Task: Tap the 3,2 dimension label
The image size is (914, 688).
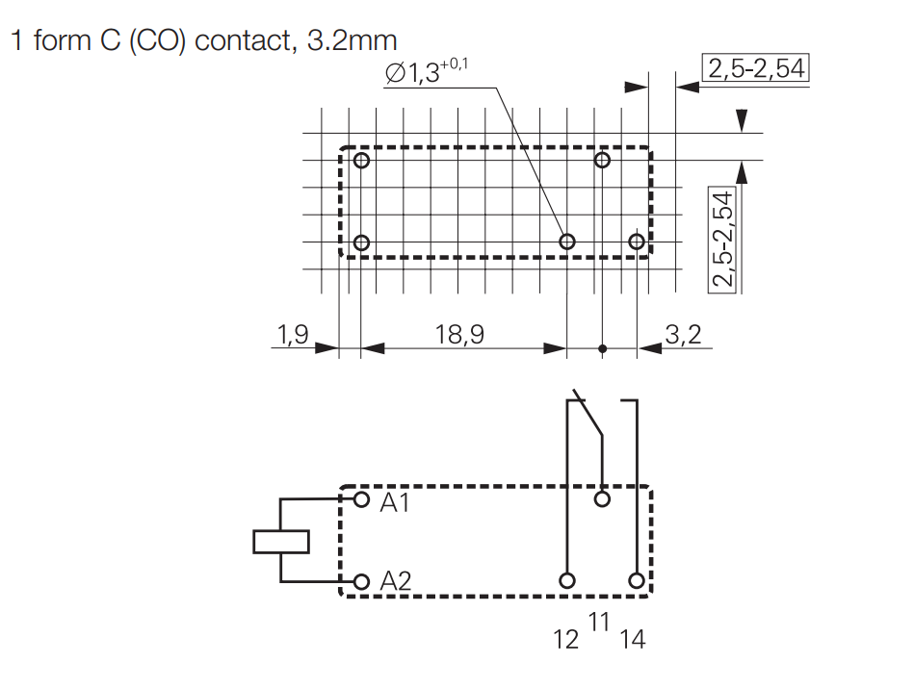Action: pyautogui.click(x=683, y=335)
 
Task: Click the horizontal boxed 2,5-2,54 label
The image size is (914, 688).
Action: pyautogui.click(x=756, y=69)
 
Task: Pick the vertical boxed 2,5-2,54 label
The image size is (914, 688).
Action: pyautogui.click(x=722, y=239)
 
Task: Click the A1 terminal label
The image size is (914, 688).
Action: pyautogui.click(x=395, y=501)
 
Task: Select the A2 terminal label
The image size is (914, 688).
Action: pyautogui.click(x=396, y=581)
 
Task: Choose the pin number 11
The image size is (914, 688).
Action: pyautogui.click(x=599, y=623)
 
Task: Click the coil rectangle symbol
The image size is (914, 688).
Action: pyautogui.click(x=281, y=542)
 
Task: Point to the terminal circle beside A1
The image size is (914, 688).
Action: pyautogui.click(x=362, y=500)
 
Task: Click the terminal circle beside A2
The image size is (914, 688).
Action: pyautogui.click(x=362, y=581)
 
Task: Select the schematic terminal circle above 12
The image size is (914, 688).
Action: pyautogui.click(x=567, y=580)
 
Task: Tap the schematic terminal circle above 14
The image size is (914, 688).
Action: pyautogui.click(x=636, y=580)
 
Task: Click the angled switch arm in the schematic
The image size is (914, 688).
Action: pyautogui.click(x=588, y=416)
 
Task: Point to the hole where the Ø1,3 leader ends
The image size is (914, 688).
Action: pyautogui.click(x=567, y=242)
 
